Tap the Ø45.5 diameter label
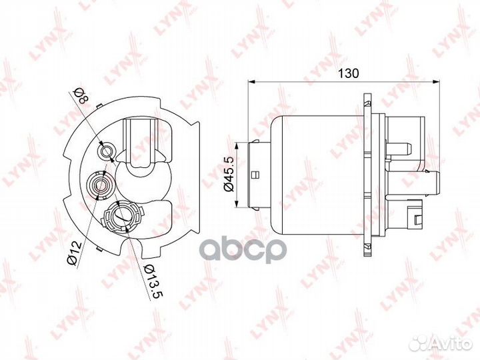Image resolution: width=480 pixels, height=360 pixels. pyautogui.click(x=229, y=174)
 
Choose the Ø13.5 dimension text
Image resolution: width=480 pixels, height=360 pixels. pyautogui.click(x=155, y=281)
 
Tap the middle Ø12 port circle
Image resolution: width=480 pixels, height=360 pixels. pyautogui.click(x=99, y=185)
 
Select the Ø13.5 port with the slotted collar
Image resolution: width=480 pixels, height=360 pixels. pyautogui.click(x=123, y=217)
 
